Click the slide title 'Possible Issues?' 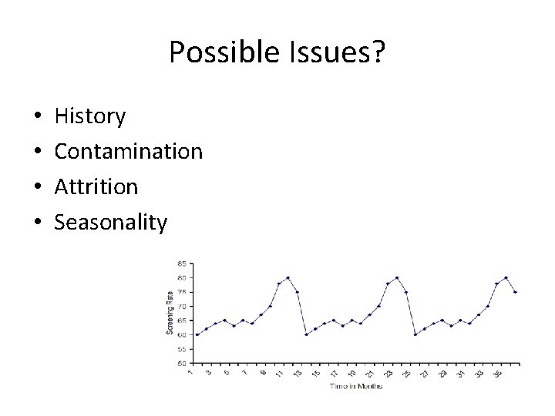click(x=277, y=53)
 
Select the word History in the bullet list click(x=90, y=117)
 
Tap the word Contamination click(x=129, y=152)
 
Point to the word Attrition click(x=96, y=187)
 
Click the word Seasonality click(x=111, y=223)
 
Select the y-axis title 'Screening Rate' click(x=170, y=312)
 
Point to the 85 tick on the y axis click(x=182, y=263)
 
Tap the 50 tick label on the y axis click(x=182, y=363)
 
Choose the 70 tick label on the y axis click(x=182, y=306)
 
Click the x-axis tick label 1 click(x=190, y=372)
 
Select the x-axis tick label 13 click(x=298, y=373)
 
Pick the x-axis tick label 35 click(x=498, y=373)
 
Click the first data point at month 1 click(x=197, y=334)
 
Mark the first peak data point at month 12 click(x=288, y=277)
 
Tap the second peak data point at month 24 click(x=397, y=277)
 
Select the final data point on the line click(x=515, y=292)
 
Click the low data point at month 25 click(x=415, y=334)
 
